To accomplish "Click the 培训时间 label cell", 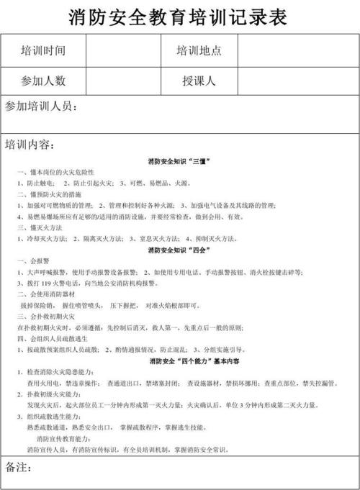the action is pos(43,51).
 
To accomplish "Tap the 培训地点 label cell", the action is pos(199,51).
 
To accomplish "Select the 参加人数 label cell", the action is pos(43,81).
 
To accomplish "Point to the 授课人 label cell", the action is pos(199,81).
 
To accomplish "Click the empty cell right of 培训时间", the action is pos(123,51).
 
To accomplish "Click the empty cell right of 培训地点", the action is pos(297,51).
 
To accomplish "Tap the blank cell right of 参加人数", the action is pos(123,81).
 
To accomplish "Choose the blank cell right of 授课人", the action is pos(297,81).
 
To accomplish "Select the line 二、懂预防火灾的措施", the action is pos(50,194).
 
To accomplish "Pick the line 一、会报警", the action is pos(33,260).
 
